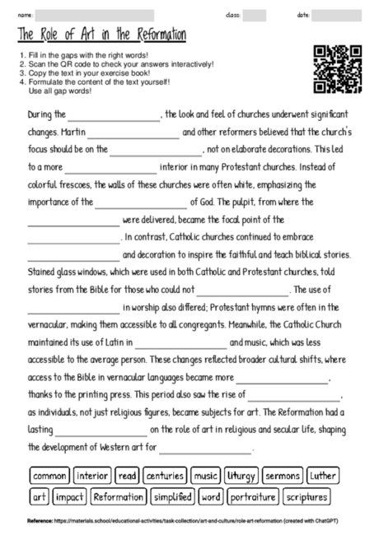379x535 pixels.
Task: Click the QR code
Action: (337, 69)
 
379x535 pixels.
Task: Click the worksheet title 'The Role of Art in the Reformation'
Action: (101, 35)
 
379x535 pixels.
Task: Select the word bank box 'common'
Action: (49, 476)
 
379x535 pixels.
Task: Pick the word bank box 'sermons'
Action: (283, 476)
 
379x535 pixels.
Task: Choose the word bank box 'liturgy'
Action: (241, 476)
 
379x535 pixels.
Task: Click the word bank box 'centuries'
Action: (164, 476)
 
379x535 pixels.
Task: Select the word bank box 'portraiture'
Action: (252, 496)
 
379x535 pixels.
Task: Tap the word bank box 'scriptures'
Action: (306, 496)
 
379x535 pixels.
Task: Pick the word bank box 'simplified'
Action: (172, 496)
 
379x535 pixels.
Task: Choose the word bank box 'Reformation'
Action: (118, 496)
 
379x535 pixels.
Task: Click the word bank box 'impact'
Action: (69, 496)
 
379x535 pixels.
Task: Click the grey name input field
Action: (95, 15)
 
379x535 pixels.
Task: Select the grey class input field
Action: (254, 15)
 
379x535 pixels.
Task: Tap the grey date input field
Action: (336, 15)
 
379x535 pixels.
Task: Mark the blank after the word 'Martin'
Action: (133, 133)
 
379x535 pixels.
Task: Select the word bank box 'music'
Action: (205, 476)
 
